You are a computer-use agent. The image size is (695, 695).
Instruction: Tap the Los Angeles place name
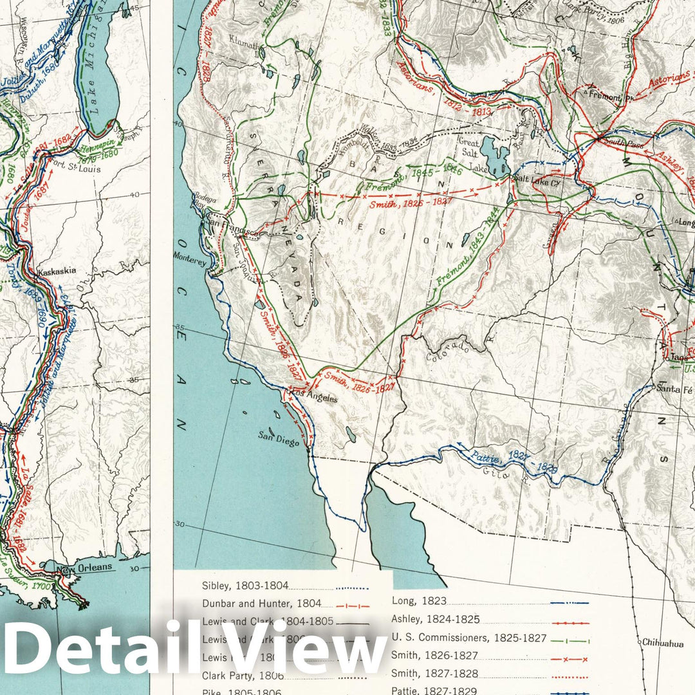pos(315,398)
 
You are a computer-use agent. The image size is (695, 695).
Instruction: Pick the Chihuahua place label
pos(663,642)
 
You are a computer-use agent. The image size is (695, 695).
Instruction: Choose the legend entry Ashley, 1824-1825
pos(436,620)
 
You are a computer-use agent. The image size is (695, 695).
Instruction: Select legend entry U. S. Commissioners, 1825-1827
pos(468,638)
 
